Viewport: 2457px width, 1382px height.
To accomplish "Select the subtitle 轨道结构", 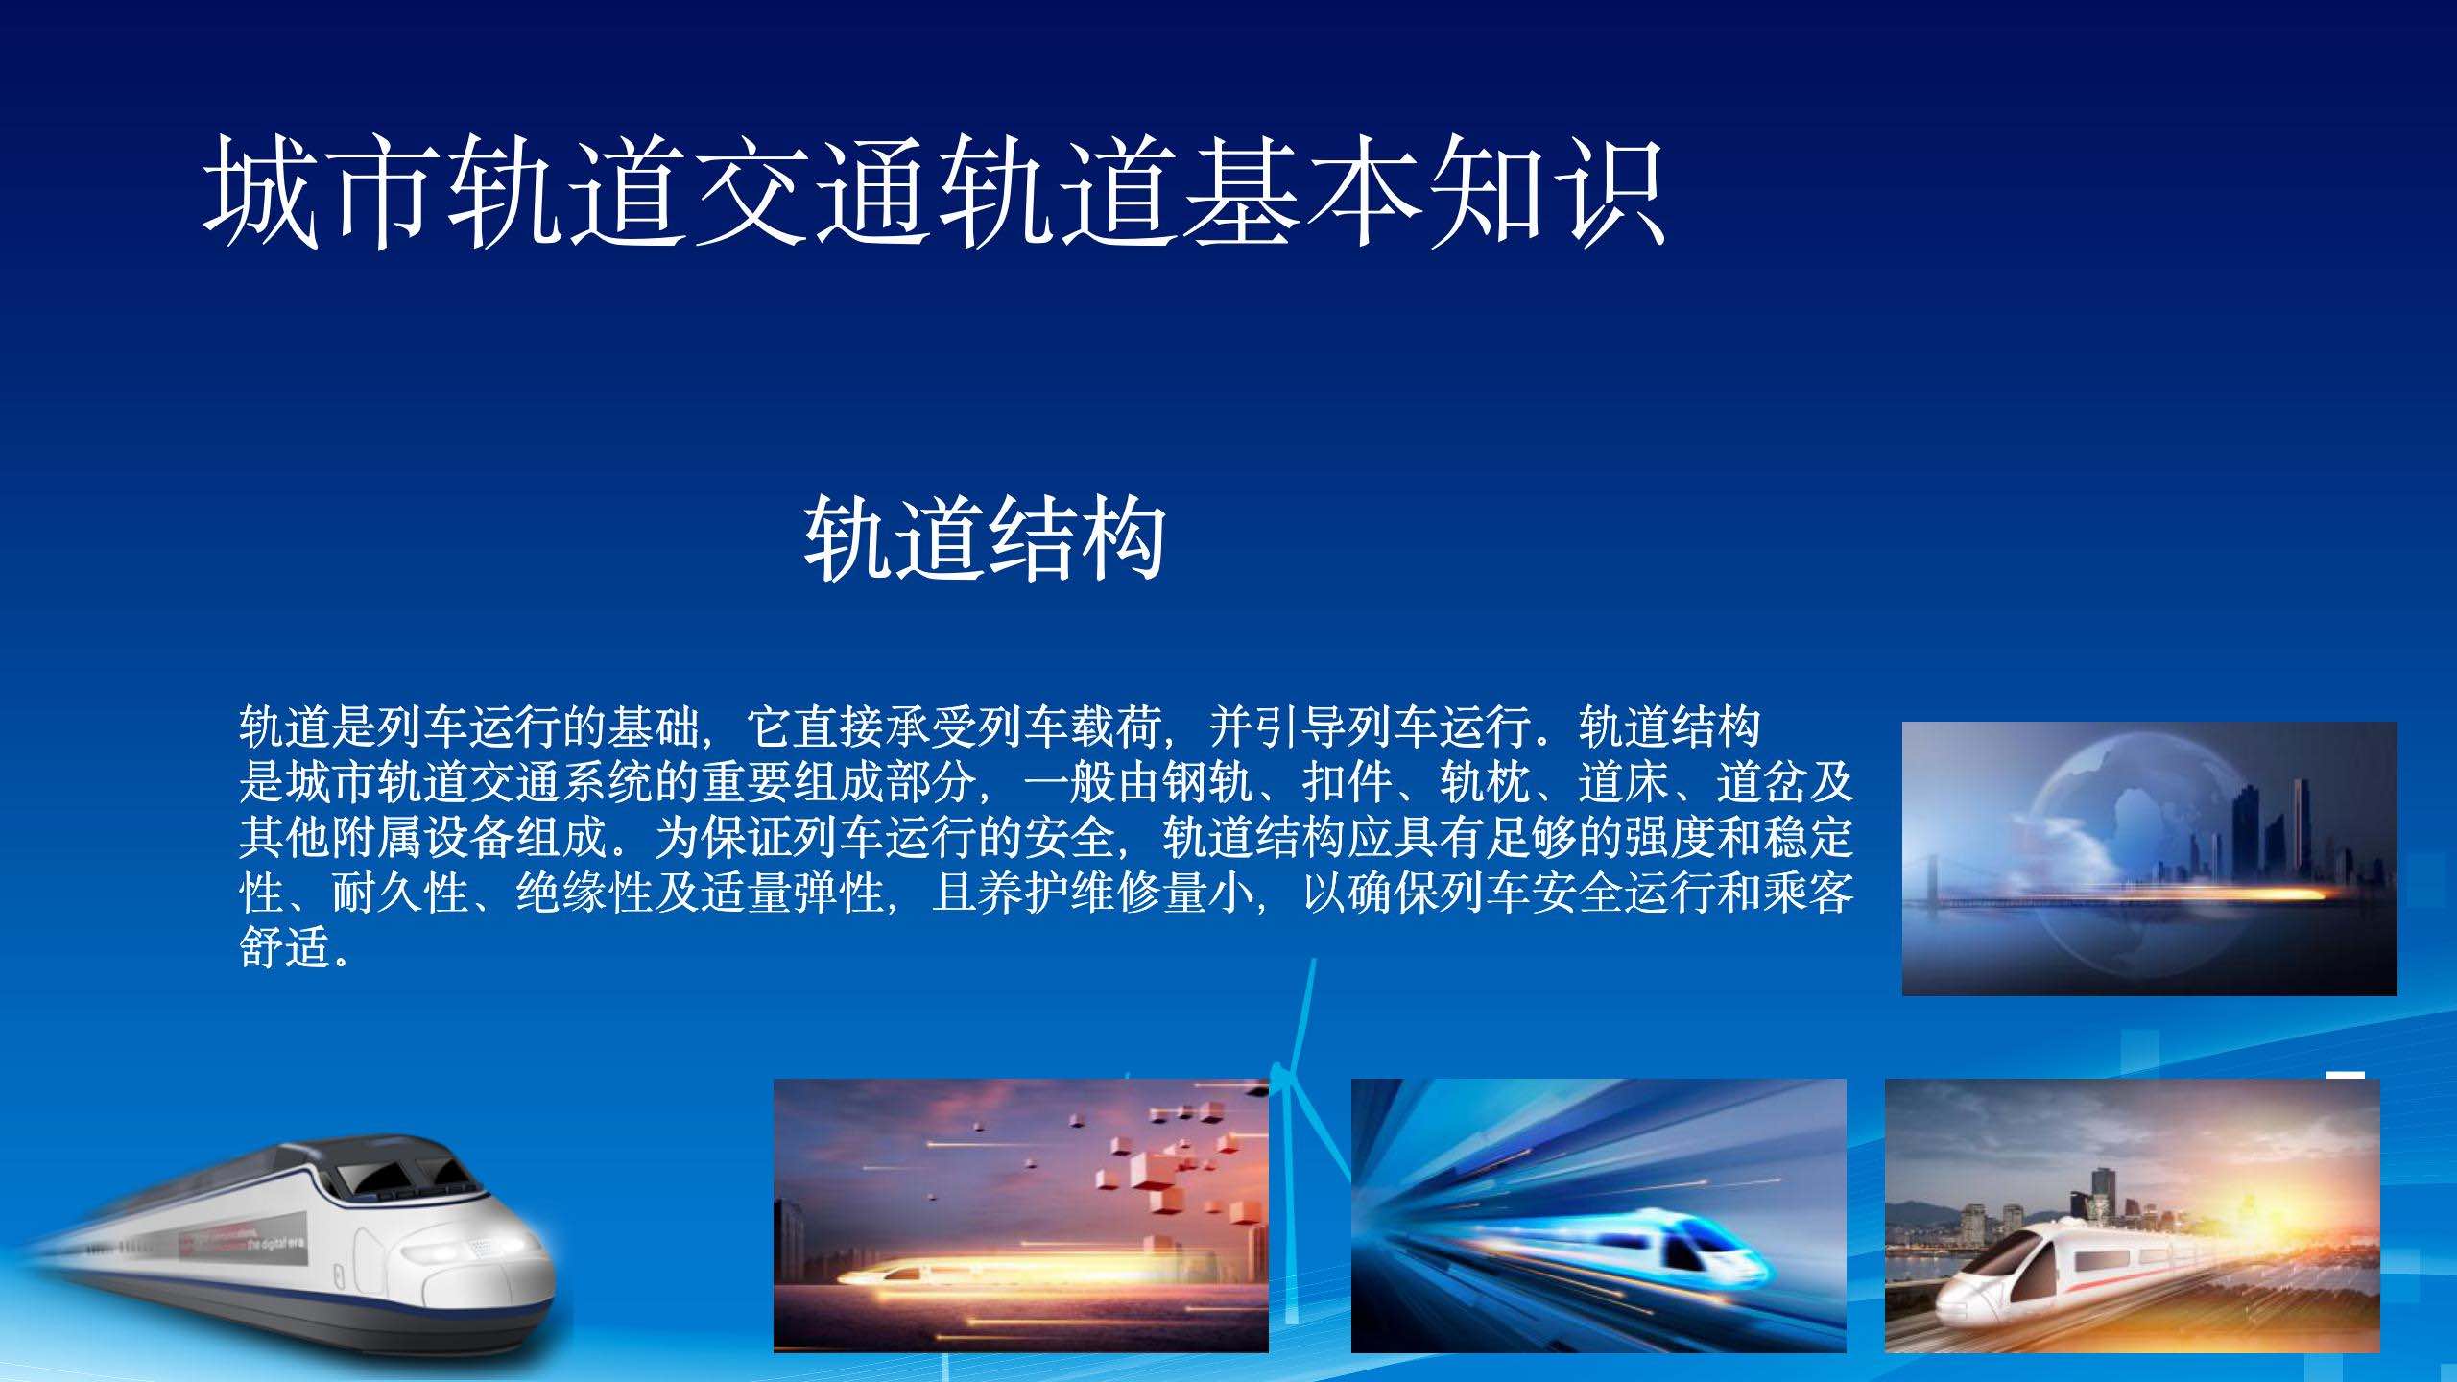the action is click(x=985, y=538).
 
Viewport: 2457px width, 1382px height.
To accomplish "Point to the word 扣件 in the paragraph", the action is click(x=1347, y=783).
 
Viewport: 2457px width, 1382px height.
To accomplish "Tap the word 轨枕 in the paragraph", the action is click(x=1485, y=783).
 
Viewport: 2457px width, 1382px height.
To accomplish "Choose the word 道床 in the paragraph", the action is click(x=1623, y=783).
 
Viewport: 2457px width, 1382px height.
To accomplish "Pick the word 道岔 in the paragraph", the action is click(x=1761, y=783).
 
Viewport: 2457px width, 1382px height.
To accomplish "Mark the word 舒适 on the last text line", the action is click(x=285, y=948).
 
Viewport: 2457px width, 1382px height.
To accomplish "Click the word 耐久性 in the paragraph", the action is click(x=400, y=894).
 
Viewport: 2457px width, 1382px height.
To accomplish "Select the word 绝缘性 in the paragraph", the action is click(x=584, y=894).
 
